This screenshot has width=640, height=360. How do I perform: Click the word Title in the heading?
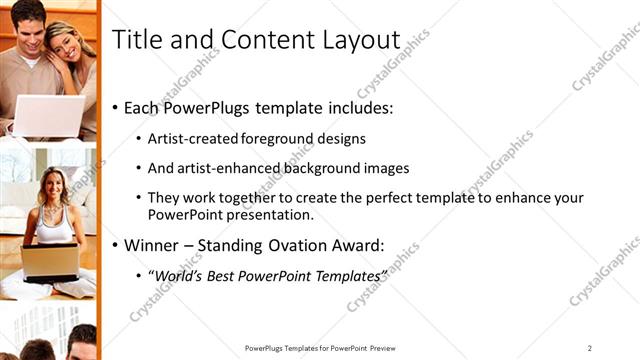pos(134,39)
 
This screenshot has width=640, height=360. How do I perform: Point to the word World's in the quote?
pos(180,274)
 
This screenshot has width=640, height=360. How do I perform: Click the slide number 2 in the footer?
pos(590,347)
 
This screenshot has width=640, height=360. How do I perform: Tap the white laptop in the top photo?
pos(45,114)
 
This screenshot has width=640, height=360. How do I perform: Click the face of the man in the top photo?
pos(30,22)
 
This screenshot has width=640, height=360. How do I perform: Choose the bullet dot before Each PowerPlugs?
pos(116,107)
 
